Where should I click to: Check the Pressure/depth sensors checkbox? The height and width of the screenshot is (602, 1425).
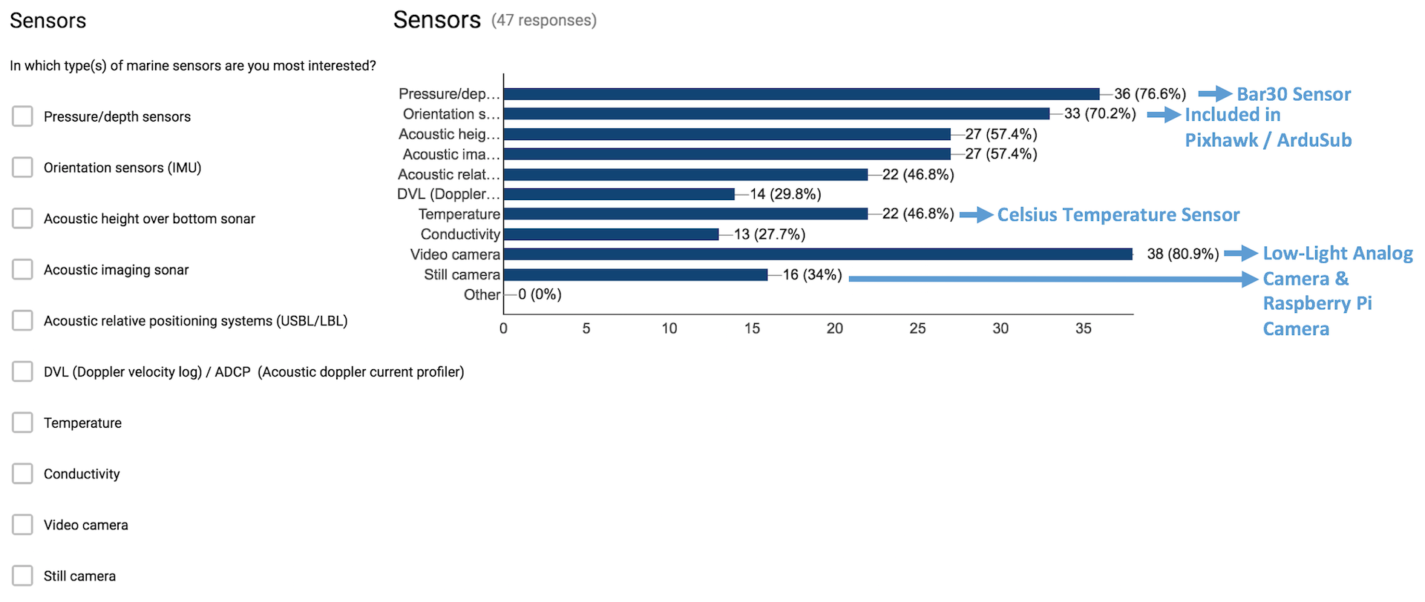click(22, 116)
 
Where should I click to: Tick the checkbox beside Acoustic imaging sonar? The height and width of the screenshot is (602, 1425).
click(22, 269)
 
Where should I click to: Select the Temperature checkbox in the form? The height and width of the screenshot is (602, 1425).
click(22, 423)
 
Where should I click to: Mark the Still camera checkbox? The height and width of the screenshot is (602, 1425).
click(22, 576)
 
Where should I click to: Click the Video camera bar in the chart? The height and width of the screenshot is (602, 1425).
click(816, 254)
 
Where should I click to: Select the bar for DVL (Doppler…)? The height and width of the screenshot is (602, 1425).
click(619, 194)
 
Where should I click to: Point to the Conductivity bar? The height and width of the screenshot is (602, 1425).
click(611, 234)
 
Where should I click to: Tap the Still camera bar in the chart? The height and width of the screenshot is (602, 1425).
click(635, 274)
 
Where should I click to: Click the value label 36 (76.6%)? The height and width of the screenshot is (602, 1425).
click(1150, 94)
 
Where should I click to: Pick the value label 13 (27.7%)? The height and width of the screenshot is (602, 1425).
click(770, 234)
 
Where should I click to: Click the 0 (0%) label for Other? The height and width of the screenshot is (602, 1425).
click(540, 294)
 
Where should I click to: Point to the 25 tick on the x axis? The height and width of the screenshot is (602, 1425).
click(917, 328)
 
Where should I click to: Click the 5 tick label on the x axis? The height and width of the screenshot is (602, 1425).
click(586, 328)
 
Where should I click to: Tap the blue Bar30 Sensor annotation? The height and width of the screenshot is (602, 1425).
click(1294, 94)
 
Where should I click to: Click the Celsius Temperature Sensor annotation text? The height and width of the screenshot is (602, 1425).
click(1118, 215)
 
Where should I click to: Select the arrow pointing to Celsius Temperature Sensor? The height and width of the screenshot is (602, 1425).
click(976, 215)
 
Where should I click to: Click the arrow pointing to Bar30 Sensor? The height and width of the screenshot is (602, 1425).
click(1215, 94)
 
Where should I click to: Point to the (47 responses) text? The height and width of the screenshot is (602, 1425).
click(544, 21)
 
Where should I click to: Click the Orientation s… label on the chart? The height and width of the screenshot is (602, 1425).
click(451, 114)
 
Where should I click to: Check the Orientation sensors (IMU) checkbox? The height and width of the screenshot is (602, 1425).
click(22, 168)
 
